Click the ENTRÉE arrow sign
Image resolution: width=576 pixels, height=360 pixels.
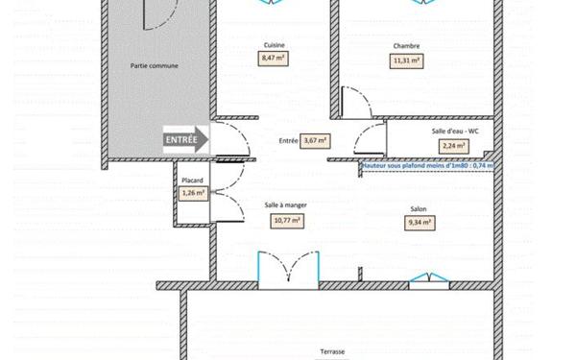(x=186, y=139)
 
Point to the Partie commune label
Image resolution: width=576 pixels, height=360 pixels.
(x=155, y=65)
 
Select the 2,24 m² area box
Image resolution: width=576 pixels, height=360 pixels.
(x=454, y=146)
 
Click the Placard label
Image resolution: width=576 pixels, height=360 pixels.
(x=192, y=179)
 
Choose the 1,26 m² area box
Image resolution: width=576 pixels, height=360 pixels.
(x=193, y=193)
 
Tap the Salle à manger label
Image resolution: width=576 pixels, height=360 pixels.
(x=286, y=205)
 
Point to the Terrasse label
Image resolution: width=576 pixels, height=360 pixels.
(x=333, y=352)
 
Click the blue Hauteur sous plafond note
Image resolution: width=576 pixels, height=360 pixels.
(x=426, y=165)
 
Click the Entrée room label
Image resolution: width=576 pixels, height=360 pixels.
(x=288, y=140)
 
